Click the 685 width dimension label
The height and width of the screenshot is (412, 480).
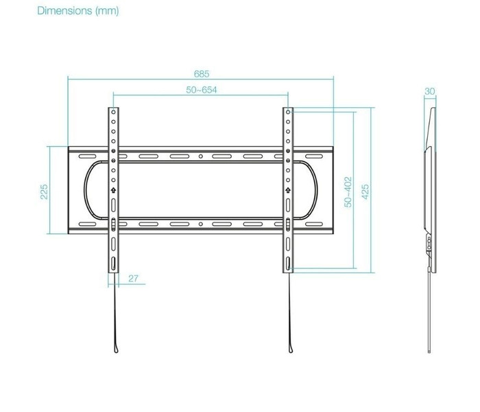pyautogui.click(x=202, y=74)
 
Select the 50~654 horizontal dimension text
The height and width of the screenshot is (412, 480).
pyautogui.click(x=202, y=90)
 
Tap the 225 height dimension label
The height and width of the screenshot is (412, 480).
pyautogui.click(x=44, y=192)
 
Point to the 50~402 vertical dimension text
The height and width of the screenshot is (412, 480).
pyautogui.click(x=348, y=192)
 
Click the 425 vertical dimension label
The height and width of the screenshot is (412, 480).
pyautogui.click(x=365, y=192)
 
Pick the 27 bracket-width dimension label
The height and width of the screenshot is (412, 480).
pyautogui.click(x=133, y=278)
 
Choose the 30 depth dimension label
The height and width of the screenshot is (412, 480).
pyautogui.click(x=429, y=91)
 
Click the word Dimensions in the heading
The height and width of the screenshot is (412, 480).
pyautogui.click(x=64, y=11)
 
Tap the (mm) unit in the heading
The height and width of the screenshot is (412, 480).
pyautogui.click(x=107, y=11)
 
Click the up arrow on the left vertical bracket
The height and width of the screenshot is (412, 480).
pyautogui.click(x=113, y=190)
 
